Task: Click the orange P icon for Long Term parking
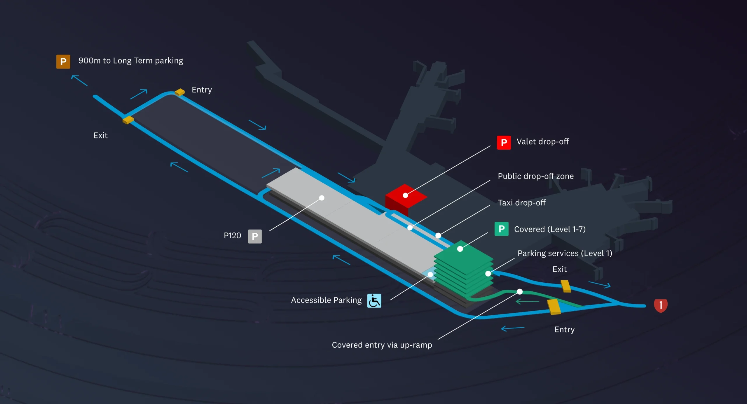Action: click(x=63, y=62)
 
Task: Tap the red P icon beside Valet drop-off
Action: click(x=504, y=143)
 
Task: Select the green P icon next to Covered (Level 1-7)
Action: click(x=501, y=229)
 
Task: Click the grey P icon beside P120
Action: click(x=254, y=236)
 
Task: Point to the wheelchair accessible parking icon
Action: click(x=374, y=301)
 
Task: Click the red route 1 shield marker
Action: click(x=661, y=306)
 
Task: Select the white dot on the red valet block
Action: click(x=405, y=195)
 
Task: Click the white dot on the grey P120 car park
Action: click(x=322, y=198)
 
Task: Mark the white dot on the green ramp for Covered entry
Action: click(x=519, y=291)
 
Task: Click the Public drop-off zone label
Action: click(x=535, y=176)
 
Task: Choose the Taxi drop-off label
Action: click(x=521, y=203)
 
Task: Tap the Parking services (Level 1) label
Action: click(x=565, y=253)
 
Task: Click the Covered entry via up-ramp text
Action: click(x=382, y=345)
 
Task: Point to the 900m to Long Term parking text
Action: click(x=131, y=61)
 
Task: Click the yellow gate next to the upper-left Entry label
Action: click(x=180, y=92)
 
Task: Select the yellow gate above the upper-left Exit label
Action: click(x=128, y=120)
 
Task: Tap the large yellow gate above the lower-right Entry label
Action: click(x=554, y=307)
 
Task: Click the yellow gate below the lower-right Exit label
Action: click(x=566, y=286)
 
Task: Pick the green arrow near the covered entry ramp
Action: click(x=527, y=301)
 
